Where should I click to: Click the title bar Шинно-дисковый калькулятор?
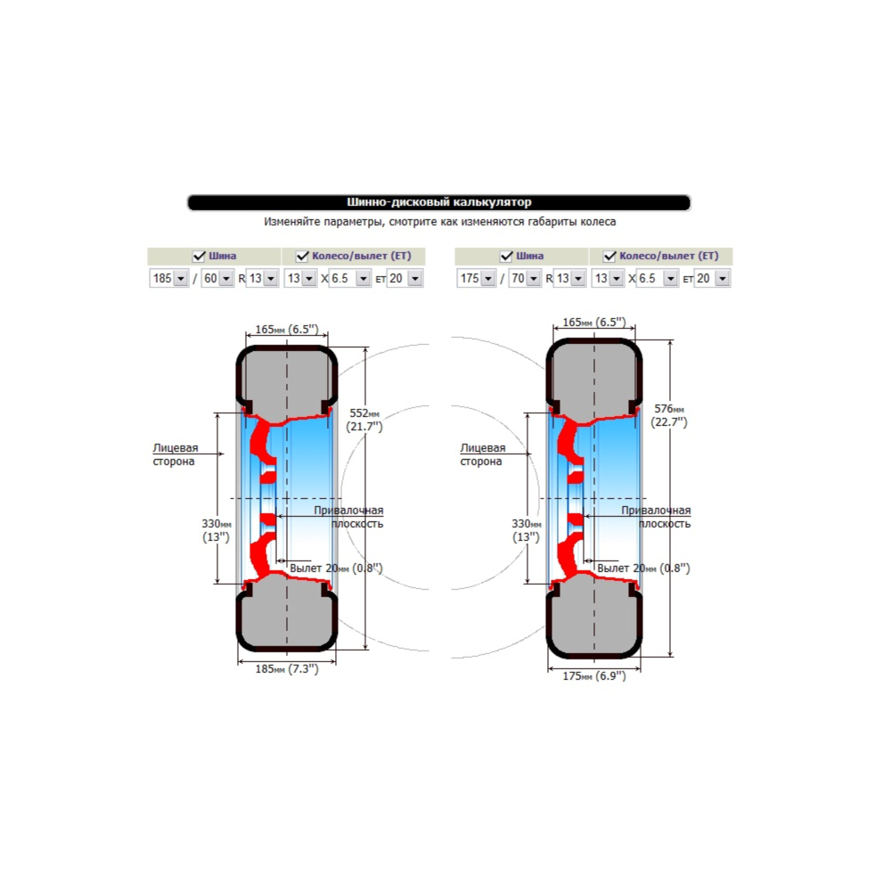tap(438, 202)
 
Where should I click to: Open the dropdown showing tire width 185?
tap(168, 278)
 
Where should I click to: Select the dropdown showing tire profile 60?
tap(217, 278)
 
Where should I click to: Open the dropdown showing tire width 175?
tap(476, 278)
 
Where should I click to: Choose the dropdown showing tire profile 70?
tap(525, 278)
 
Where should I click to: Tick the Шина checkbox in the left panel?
tap(199, 257)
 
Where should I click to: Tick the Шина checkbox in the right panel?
tap(506, 257)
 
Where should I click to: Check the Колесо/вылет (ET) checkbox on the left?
tap(302, 257)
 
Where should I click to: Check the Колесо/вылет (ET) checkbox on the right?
tap(609, 257)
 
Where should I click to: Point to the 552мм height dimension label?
tap(364, 420)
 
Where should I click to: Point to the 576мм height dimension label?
tap(669, 415)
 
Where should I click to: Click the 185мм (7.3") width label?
tap(287, 669)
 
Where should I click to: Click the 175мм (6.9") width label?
tap(594, 675)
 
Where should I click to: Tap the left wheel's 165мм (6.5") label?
tap(287, 329)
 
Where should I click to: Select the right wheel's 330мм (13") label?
tap(527, 530)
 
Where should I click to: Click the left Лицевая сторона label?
tap(175, 454)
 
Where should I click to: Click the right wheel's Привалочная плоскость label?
tap(656, 517)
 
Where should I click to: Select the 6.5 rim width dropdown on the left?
tap(350, 278)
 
